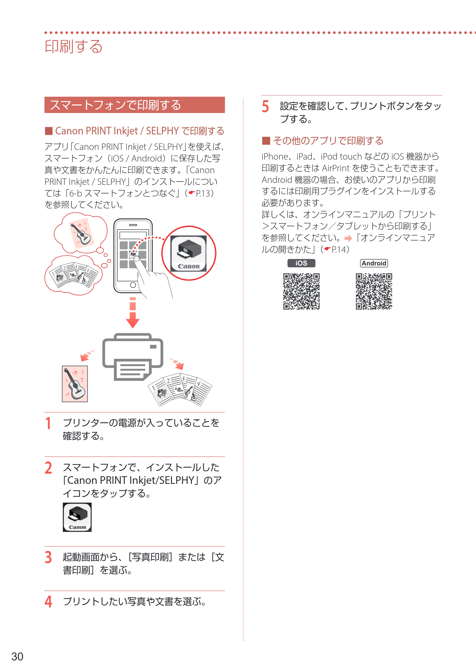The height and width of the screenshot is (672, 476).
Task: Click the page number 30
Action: pos(17,657)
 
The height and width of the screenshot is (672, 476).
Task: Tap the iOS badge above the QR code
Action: pos(301,263)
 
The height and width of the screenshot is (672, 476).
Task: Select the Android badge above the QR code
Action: pos(374,263)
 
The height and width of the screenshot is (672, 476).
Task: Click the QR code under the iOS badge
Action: pos(301,291)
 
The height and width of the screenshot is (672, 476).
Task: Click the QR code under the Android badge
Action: pos(374,291)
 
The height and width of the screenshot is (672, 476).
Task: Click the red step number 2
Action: pos(48,468)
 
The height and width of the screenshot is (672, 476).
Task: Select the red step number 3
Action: pos(48,557)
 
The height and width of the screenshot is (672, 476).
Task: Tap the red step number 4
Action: pos(48,602)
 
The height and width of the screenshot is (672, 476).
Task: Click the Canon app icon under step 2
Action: pos(77,517)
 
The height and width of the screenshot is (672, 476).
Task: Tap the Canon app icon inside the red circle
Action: pos(188,253)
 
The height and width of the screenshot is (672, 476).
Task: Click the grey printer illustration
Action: pos(133,357)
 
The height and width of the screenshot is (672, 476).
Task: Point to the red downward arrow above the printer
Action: pos(133,313)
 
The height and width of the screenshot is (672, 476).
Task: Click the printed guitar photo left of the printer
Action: pos(75,384)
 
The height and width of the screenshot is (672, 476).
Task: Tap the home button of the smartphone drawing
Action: pos(133,285)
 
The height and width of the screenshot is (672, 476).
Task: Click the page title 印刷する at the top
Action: pos(74,47)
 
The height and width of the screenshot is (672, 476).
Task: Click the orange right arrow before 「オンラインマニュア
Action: pos(348,238)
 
